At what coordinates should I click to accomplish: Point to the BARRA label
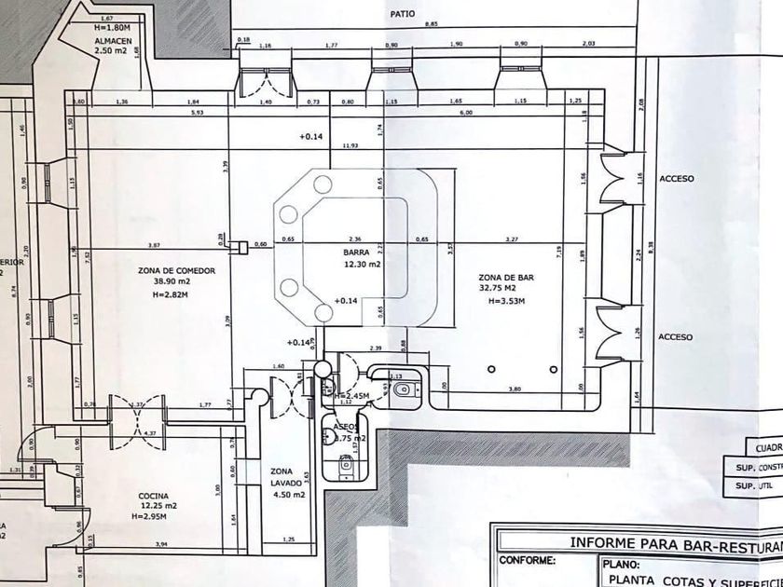pyautogui.click(x=357, y=253)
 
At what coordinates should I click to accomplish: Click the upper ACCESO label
pyautogui.click(x=675, y=178)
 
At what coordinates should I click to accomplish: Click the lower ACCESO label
pyautogui.click(x=675, y=336)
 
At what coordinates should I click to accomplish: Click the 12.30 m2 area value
pyautogui.click(x=361, y=265)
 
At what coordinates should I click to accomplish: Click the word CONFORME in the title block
pyautogui.click(x=527, y=561)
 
